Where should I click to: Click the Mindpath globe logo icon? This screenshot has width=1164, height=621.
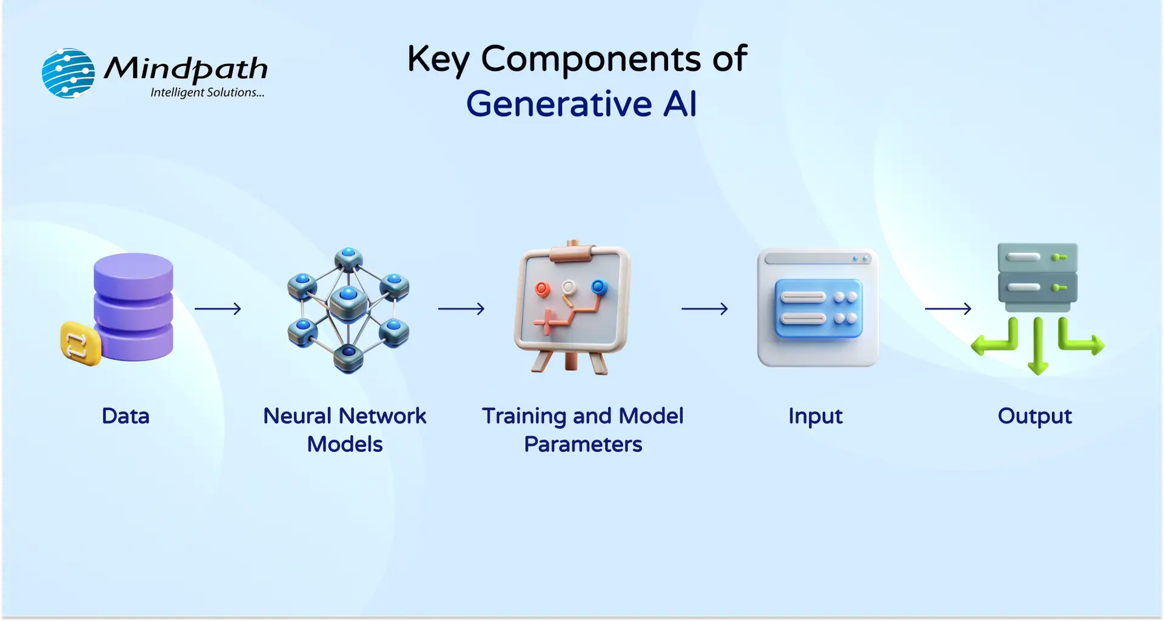(68, 73)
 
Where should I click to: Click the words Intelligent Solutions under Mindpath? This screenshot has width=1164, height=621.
(207, 93)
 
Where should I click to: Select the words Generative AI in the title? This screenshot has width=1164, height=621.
(581, 104)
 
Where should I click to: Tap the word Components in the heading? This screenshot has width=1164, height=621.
(590, 59)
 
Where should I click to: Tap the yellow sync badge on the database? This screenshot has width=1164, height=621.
(80, 344)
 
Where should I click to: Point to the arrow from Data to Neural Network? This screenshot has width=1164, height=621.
(218, 309)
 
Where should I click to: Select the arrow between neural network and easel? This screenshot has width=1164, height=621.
(461, 309)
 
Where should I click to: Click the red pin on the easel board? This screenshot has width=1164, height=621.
(542, 288)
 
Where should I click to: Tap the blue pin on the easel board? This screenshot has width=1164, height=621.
(599, 287)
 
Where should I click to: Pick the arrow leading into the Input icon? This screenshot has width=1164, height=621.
(704, 309)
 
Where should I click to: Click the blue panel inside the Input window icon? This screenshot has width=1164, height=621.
(818, 308)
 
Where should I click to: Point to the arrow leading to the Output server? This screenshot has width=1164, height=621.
(948, 309)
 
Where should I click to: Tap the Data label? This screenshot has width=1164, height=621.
(125, 416)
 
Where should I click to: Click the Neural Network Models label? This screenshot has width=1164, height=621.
(344, 430)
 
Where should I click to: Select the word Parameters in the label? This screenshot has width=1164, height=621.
(583, 444)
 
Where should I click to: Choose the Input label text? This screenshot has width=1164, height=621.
(815, 416)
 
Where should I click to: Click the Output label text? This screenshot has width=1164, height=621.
(1035, 416)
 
